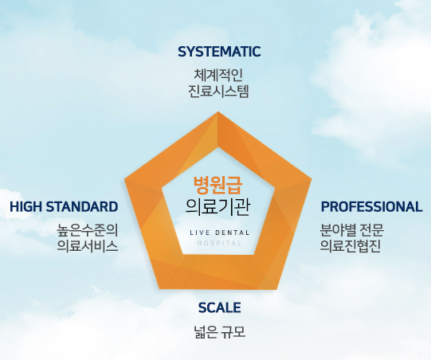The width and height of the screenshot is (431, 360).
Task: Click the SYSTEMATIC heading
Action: pyautogui.click(x=219, y=52)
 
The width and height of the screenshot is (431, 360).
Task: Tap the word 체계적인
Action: pyautogui.click(x=219, y=75)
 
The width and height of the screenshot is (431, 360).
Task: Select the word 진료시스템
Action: pyautogui.click(x=219, y=90)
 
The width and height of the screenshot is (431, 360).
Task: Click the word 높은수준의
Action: pyautogui.click(x=88, y=230)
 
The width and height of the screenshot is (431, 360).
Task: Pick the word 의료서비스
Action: pyautogui.click(x=88, y=245)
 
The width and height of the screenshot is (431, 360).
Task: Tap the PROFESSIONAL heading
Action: pyautogui.click(x=371, y=206)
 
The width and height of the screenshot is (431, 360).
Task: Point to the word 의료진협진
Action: pyautogui.click(x=351, y=245)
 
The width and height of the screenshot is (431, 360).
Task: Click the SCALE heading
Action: pyautogui.click(x=219, y=307)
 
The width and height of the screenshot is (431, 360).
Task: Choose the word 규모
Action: pyautogui.click(x=233, y=331)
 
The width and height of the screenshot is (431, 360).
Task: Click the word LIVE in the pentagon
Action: pyautogui.click(x=198, y=232)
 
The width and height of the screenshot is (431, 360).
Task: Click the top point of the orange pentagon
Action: pyautogui.click(x=219, y=113)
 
